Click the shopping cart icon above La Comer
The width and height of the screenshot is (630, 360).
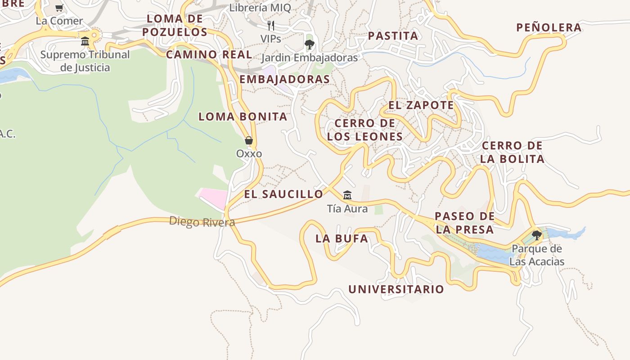(59, 8)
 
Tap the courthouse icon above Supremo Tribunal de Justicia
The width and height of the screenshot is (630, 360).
(85, 41)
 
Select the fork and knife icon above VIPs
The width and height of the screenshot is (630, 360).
(271, 25)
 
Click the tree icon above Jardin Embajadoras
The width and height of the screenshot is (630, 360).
(309, 44)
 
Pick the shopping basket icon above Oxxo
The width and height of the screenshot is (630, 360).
(249, 140)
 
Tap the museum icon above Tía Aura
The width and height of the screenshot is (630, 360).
(347, 195)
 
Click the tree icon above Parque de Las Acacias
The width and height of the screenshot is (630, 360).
(536, 235)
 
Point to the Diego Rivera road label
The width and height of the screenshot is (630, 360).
(202, 222)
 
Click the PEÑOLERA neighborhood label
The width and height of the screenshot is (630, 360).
(549, 27)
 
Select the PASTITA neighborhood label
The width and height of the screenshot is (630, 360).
(393, 36)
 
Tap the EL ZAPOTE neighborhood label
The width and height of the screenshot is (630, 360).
(421, 105)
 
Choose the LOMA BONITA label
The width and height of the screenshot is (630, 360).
(243, 117)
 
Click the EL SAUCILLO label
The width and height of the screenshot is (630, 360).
(283, 194)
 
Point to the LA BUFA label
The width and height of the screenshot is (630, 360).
(342, 239)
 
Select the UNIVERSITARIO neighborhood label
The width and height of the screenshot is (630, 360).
(396, 289)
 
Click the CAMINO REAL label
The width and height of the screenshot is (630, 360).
(209, 55)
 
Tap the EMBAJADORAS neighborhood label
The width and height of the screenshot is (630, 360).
(284, 79)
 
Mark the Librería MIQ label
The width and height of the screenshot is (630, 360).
(260, 8)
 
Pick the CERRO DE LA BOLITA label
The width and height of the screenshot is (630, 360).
(512, 152)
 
